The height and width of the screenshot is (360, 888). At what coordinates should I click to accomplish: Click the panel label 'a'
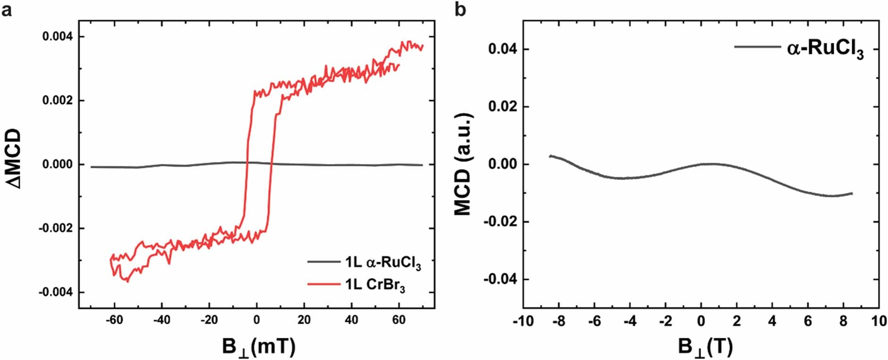point(7,9)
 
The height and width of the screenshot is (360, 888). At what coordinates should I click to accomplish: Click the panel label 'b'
point(460,9)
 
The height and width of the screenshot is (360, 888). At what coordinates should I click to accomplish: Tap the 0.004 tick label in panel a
point(57,37)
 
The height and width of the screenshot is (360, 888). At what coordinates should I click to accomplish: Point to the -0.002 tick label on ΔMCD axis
point(55,228)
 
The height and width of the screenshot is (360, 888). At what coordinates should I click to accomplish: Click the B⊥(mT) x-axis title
point(258,347)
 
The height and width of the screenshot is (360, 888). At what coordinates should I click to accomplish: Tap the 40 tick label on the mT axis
point(351,320)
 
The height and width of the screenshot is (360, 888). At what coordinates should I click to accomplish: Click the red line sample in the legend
point(324,284)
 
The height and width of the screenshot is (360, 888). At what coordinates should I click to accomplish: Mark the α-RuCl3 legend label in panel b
point(825,49)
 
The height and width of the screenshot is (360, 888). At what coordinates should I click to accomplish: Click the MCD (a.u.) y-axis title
point(463,164)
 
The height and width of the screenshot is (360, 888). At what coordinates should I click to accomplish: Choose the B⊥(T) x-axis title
point(705,347)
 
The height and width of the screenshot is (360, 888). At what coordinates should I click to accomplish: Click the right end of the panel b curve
point(852,193)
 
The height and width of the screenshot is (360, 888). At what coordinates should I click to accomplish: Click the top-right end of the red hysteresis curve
point(423,46)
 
